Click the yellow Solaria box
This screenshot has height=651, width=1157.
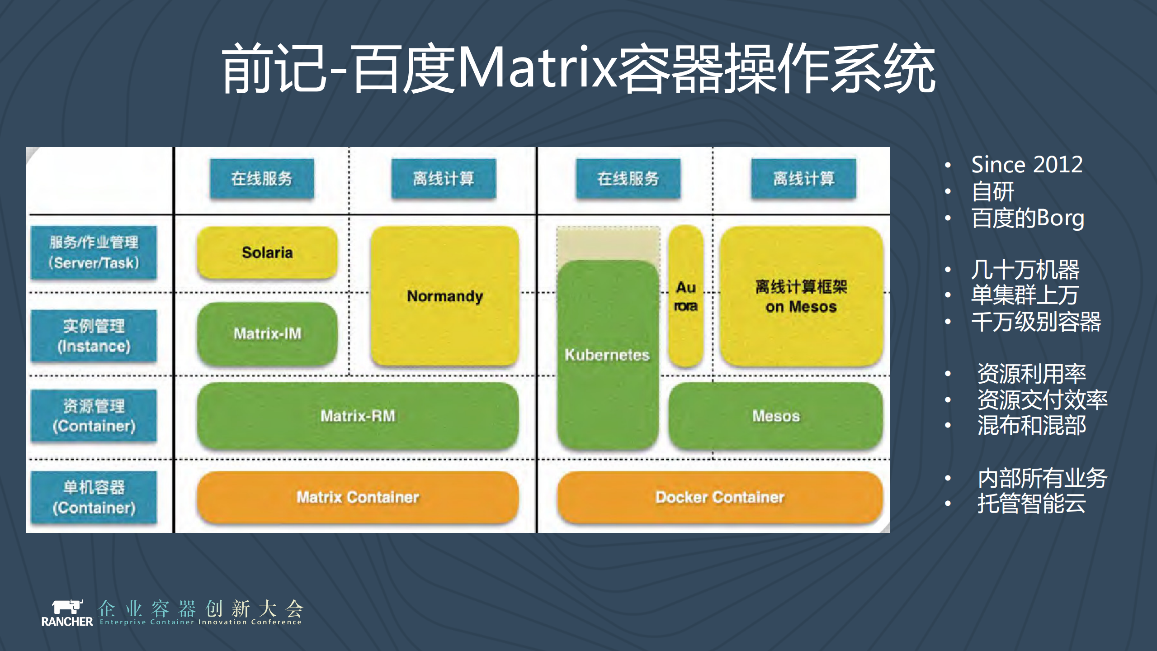coord(267,252)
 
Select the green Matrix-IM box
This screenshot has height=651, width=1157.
coord(267,334)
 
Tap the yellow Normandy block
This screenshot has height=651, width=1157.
coord(445,296)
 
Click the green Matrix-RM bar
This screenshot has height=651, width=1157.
coord(358,416)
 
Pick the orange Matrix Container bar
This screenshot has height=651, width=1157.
coord(358,497)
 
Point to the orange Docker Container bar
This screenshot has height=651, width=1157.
coord(720,497)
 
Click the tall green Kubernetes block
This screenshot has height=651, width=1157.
coord(607,355)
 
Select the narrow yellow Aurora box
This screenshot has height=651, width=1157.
coord(685,296)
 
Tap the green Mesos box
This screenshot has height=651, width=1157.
coord(776,416)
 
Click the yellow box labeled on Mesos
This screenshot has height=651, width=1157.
coord(801,296)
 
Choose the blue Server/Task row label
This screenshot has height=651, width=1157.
coord(94,253)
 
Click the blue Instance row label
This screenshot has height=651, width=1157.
coord(94,336)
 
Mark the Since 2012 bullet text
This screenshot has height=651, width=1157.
coord(1027,164)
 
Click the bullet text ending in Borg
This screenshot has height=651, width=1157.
coord(1028,218)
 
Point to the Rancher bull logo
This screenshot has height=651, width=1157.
coord(67,607)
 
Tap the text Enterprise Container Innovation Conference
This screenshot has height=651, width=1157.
coord(200,622)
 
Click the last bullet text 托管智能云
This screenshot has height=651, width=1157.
coord(1031,504)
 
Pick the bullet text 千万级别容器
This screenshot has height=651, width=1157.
coord(1036,322)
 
